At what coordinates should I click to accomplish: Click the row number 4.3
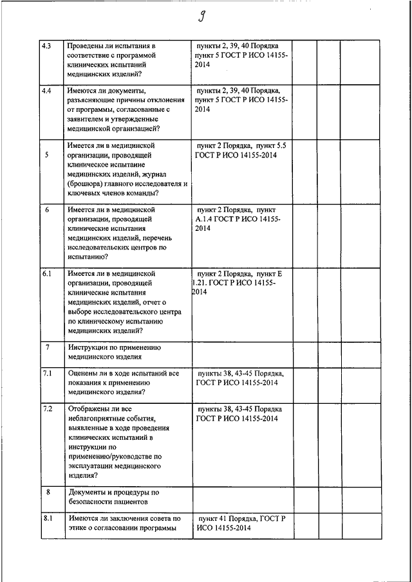click(47, 46)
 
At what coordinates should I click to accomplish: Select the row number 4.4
click(47, 91)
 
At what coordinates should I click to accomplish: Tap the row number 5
click(47, 155)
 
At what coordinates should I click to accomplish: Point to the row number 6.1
click(47, 273)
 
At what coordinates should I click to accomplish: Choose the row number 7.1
click(47, 373)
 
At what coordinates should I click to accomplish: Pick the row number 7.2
click(47, 409)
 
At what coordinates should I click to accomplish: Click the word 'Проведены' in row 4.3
click(88, 47)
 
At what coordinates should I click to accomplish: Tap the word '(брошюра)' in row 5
click(86, 183)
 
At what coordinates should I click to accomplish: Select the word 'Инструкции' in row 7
click(89, 347)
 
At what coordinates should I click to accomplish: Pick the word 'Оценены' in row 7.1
click(83, 373)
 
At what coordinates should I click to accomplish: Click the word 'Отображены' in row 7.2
click(91, 409)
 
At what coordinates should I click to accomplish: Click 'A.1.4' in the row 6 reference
click(205, 219)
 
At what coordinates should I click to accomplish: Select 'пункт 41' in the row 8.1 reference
click(213, 518)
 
